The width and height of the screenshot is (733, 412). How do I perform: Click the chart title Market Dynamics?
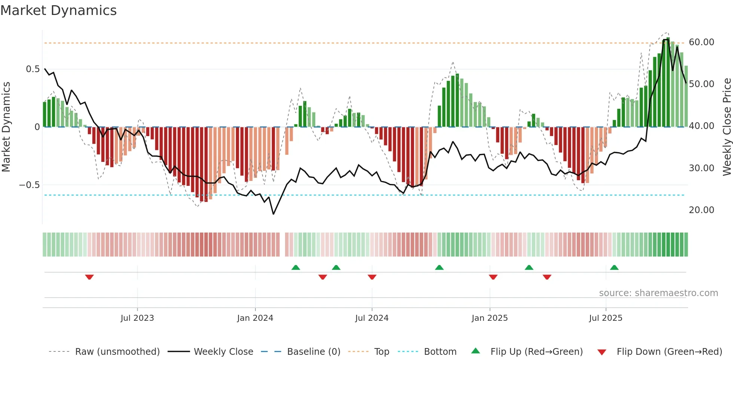(x=59, y=10)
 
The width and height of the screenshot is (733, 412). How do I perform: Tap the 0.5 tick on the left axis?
(x=33, y=69)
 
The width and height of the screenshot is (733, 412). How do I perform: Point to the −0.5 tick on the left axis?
(x=30, y=185)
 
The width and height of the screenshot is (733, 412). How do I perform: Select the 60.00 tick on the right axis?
(x=701, y=42)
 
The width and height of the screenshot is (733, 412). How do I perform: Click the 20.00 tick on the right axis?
(x=701, y=210)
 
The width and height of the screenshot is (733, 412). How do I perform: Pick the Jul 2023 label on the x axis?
(x=137, y=318)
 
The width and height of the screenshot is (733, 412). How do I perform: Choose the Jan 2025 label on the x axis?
(x=490, y=318)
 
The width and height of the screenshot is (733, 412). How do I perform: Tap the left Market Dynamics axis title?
(x=6, y=127)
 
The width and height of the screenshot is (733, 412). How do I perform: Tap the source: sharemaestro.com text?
(x=658, y=293)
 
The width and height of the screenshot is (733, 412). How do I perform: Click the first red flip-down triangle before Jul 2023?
(x=89, y=277)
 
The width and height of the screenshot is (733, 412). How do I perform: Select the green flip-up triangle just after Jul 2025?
(x=614, y=267)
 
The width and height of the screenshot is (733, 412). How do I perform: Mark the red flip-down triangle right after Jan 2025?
(x=493, y=277)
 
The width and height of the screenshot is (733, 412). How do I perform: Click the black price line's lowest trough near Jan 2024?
(x=273, y=214)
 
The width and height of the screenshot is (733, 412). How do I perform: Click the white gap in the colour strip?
(x=282, y=245)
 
